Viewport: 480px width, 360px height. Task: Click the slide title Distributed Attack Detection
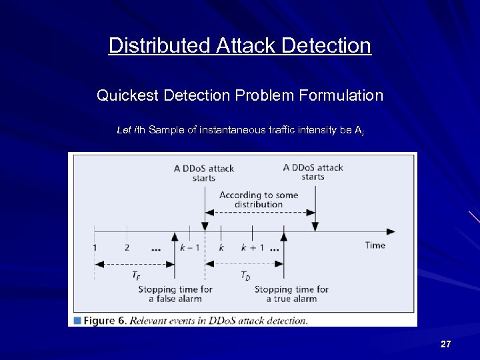pos(239,45)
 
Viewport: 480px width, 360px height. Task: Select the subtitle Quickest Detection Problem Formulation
pos(240,95)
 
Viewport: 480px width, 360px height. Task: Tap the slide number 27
pos(446,344)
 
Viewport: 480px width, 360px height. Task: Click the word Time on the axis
pos(375,245)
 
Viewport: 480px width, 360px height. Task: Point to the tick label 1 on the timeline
pos(95,247)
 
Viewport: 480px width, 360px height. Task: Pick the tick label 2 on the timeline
pos(127,247)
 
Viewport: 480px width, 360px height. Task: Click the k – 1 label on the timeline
pos(189,247)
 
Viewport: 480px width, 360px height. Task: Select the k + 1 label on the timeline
pos(253,247)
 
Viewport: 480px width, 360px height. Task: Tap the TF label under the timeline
pos(135,275)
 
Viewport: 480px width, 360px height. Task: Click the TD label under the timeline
pos(245,275)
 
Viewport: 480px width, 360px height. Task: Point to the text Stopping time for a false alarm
pos(175,294)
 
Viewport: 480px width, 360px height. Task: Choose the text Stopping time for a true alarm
pos(291,294)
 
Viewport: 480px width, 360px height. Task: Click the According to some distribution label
pos(259,199)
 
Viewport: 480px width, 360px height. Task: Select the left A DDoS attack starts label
pos(203,173)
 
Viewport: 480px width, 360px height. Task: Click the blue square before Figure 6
pos(77,321)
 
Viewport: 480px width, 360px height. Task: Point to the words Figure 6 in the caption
pos(105,321)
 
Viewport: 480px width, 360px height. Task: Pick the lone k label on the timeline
pos(221,247)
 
